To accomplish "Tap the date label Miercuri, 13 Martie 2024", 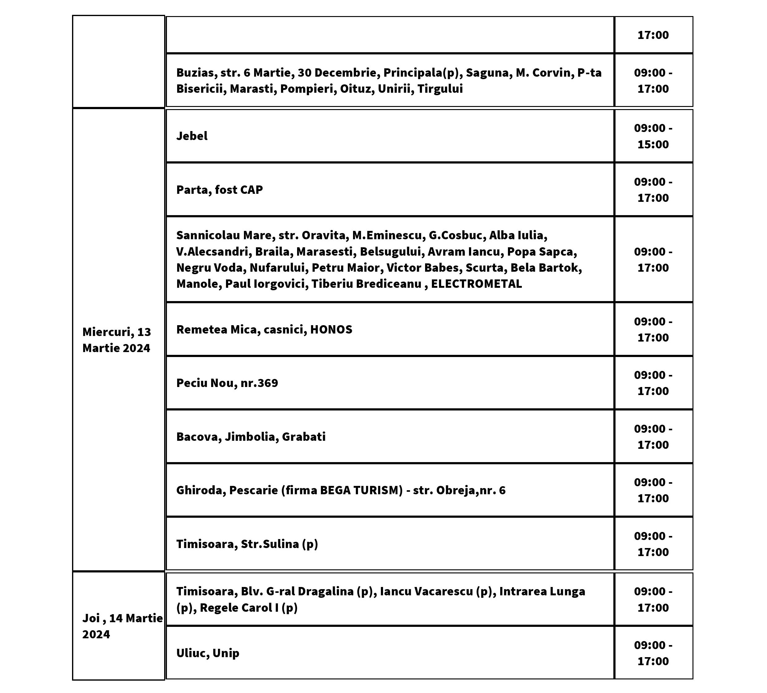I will coord(117,340).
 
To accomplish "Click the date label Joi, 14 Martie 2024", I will coord(122,626).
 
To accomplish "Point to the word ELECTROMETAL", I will coord(476,284).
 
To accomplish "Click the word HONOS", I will coord(331,329).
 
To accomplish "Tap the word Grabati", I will coord(304,437).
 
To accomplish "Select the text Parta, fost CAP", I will coord(219,190).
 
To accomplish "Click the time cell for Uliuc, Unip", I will coord(653,653).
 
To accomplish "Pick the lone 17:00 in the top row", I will coord(653,35).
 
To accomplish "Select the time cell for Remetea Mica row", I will coord(653,329).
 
